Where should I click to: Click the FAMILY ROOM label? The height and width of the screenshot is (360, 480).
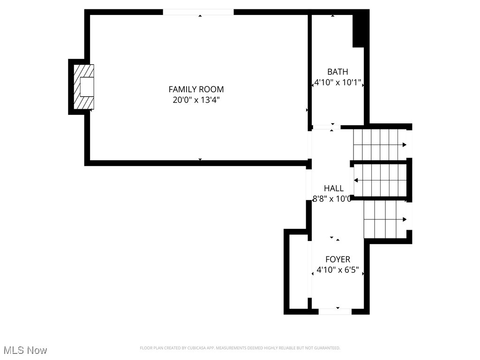point(196,89)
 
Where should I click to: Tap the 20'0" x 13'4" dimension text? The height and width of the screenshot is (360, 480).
point(196,99)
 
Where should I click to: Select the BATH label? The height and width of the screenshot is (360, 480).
point(337,72)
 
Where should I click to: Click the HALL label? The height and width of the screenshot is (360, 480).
point(333,188)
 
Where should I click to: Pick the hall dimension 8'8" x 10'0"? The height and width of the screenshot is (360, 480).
point(332,199)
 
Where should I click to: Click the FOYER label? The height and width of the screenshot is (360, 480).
point(337,259)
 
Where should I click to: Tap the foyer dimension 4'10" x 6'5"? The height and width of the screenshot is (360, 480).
point(337,270)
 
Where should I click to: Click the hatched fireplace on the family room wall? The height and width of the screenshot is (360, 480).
point(84,87)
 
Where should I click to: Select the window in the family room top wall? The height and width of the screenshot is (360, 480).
point(198,12)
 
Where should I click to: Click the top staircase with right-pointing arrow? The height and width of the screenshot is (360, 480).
point(380,144)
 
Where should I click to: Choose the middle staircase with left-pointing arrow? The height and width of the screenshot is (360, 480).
point(380,180)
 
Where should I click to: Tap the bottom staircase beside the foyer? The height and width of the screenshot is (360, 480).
point(384,219)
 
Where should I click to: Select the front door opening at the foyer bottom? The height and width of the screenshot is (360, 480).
point(335,311)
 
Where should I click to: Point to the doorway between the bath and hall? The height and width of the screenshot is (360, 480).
point(326,127)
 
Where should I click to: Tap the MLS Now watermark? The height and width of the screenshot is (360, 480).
point(25,350)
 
